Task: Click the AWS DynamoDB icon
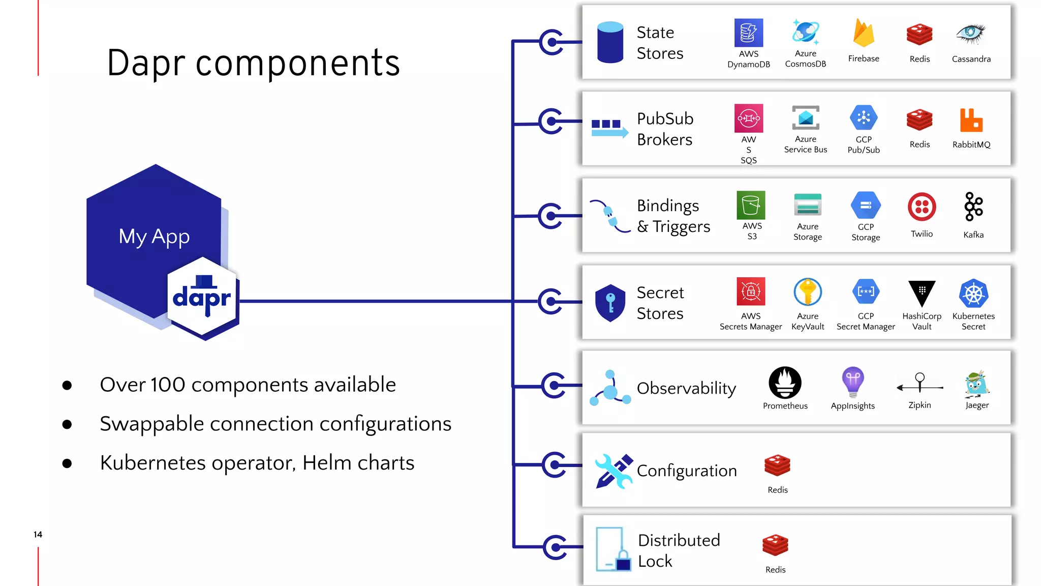pyautogui.click(x=748, y=33)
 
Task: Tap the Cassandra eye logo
pyautogui.click(x=970, y=34)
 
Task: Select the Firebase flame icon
pyautogui.click(x=863, y=33)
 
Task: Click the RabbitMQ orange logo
pyautogui.click(x=971, y=120)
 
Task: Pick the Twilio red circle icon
pyautogui.click(x=922, y=207)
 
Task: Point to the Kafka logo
pyautogui.click(x=973, y=207)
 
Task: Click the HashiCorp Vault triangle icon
pyautogui.click(x=922, y=293)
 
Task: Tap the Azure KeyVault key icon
pyautogui.click(x=807, y=292)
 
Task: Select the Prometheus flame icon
pyautogui.click(x=785, y=383)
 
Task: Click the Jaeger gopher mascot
pyautogui.click(x=976, y=384)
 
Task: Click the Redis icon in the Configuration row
pyautogui.click(x=777, y=465)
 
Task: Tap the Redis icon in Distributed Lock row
pyautogui.click(x=775, y=545)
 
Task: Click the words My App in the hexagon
pyautogui.click(x=154, y=237)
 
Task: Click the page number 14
pyautogui.click(x=38, y=534)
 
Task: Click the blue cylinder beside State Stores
pyautogui.click(x=610, y=42)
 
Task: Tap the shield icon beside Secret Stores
pyautogui.click(x=610, y=303)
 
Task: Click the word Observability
pyautogui.click(x=686, y=388)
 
